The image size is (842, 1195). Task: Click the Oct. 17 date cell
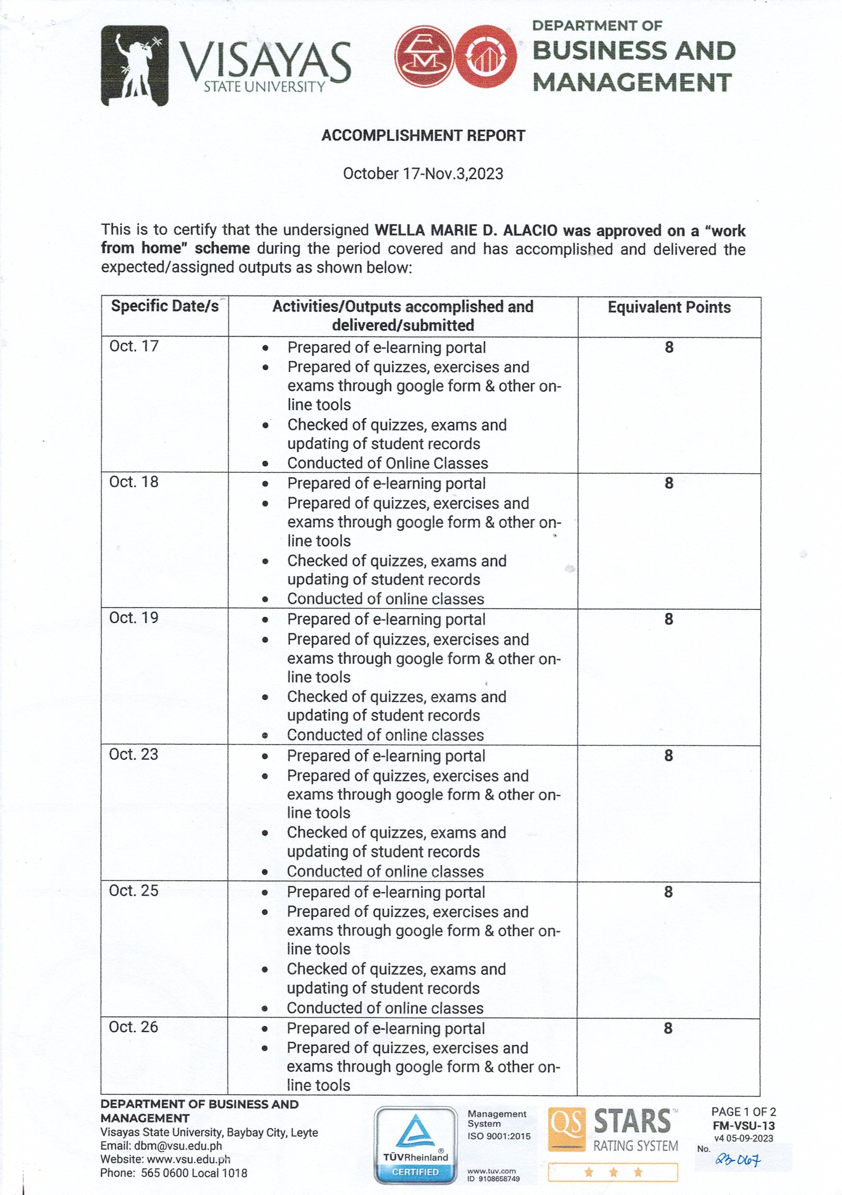point(134,346)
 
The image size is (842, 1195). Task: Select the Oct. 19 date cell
point(134,618)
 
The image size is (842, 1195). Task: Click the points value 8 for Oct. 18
point(669,483)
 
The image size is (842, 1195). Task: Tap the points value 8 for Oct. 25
point(668,892)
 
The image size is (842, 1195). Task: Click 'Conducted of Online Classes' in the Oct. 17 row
point(387,463)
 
